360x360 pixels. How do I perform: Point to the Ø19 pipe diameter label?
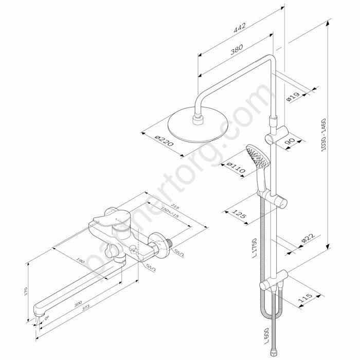click(x=292, y=96)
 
